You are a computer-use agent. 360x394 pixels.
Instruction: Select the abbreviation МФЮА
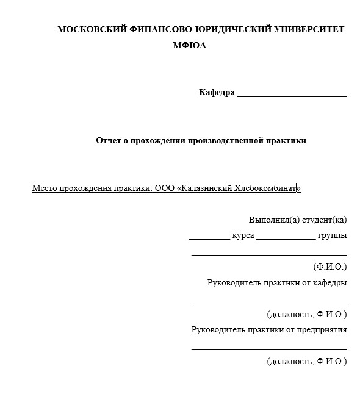coord(190,45)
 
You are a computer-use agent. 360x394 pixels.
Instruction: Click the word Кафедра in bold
coord(217,93)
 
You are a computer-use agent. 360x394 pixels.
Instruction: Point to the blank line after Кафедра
coord(292,96)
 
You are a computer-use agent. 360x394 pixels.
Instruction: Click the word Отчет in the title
coord(109,140)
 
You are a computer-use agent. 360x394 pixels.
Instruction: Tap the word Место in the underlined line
coord(45,188)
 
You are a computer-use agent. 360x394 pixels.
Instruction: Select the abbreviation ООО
coord(165,188)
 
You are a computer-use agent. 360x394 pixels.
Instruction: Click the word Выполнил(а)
coord(269,220)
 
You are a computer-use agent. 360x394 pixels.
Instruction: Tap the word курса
coord(243,235)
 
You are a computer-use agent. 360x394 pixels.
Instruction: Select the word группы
coord(333,235)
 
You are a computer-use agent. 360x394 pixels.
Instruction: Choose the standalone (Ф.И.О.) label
coord(329,267)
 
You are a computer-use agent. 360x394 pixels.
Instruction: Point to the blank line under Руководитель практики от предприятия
coord(269,349)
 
